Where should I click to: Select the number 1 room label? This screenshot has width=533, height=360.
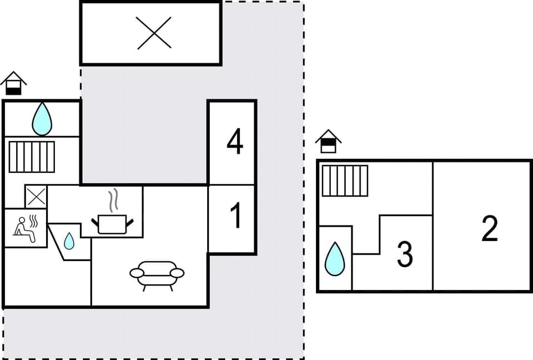pos(236,216)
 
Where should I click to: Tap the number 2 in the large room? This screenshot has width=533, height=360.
pos(489,228)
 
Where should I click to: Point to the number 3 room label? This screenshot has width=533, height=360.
pos(405,254)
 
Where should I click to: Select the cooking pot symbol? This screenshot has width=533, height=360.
pos(113,223)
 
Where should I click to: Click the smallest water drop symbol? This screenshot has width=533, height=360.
pos(69,241)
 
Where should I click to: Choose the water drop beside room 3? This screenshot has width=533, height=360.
pos(334,259)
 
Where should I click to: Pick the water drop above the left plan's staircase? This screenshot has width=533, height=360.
pos(42,119)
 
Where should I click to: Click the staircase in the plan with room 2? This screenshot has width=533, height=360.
pos(345,181)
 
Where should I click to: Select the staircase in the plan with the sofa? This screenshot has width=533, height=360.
pos(32,157)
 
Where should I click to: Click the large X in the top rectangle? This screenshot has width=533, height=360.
pos(154,33)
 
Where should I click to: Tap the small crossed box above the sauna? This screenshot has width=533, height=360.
pos(36,197)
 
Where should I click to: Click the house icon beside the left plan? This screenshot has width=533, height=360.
pos(13,83)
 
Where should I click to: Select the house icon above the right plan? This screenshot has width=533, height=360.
pos(328,141)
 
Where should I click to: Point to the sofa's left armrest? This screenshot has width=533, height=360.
pos(137,273)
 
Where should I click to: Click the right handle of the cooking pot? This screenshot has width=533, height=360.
pos(130,222)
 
